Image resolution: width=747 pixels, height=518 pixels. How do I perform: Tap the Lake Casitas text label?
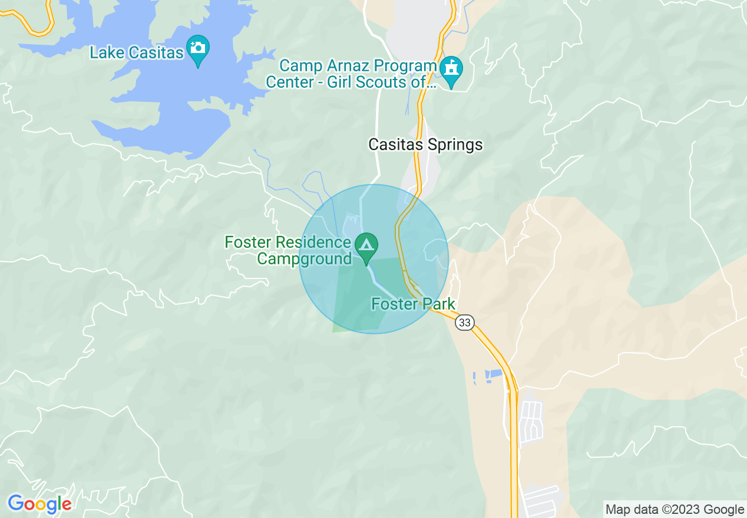click(x=137, y=52)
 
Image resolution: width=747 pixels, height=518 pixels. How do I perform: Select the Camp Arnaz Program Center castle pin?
click(x=452, y=69)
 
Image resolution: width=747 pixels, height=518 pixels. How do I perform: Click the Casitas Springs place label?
click(x=425, y=145)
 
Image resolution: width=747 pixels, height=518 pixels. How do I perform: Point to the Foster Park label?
click(x=413, y=304)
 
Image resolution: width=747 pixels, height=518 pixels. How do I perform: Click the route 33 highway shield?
click(x=465, y=323)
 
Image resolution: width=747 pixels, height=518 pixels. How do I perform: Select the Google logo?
click(x=39, y=504)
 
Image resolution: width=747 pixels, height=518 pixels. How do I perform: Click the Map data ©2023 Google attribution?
click(x=675, y=510)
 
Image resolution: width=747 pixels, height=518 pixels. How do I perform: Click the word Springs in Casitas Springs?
click(x=455, y=145)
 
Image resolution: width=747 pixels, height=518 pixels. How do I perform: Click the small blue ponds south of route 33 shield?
click(x=488, y=376)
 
